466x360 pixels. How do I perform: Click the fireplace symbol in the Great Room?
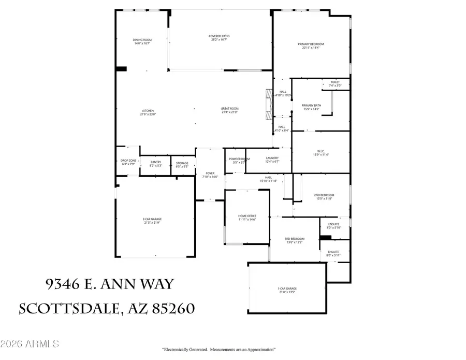[268, 103]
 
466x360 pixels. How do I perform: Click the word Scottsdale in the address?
[68, 309]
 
